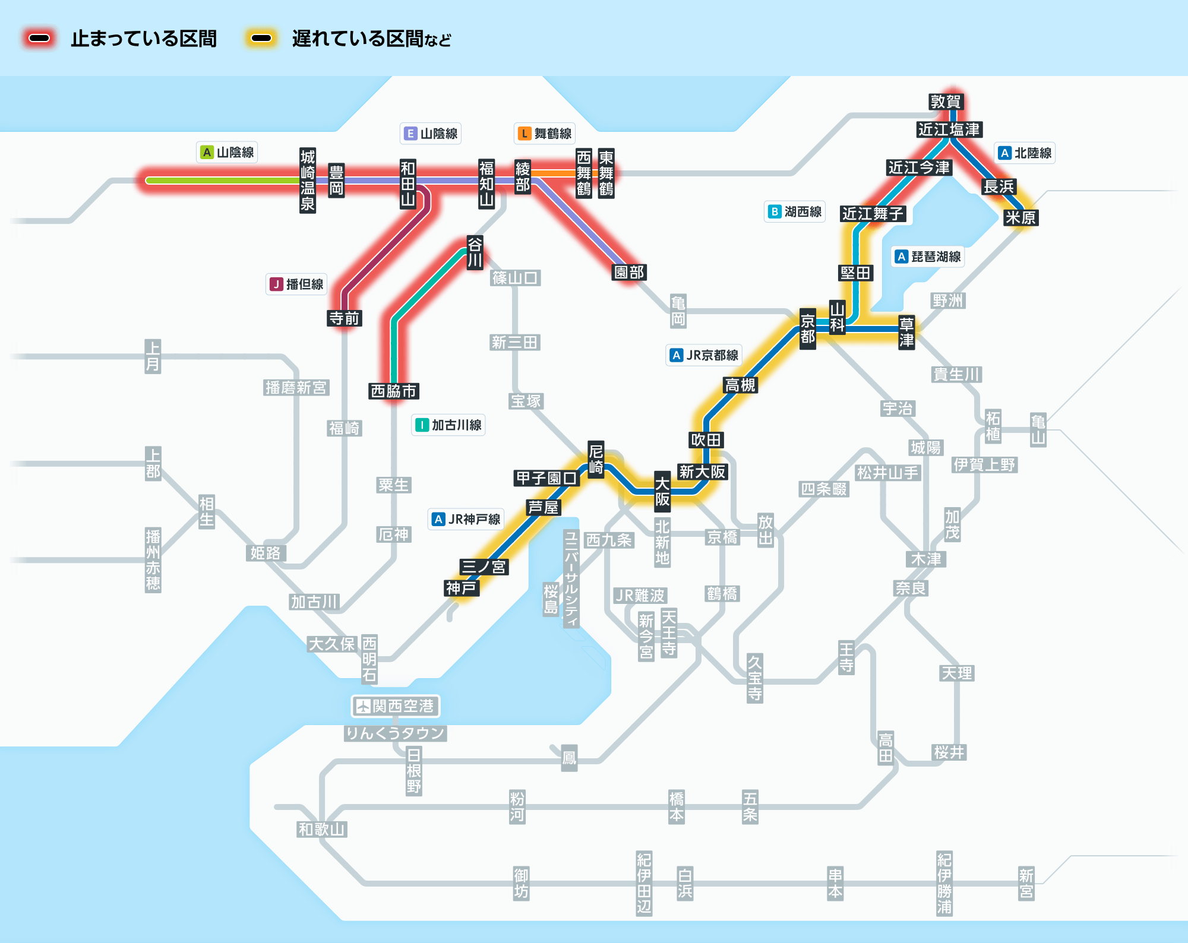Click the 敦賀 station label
point(945,102)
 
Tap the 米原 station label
point(1020,218)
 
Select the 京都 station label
point(807,329)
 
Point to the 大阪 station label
point(662,492)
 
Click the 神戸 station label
point(461,588)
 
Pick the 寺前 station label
point(345,318)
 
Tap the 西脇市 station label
point(393,391)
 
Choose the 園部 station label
point(629,272)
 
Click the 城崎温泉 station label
point(308,181)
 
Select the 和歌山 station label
point(321,829)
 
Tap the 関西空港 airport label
point(395,706)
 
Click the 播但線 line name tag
point(296,284)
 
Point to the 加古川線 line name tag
point(448,425)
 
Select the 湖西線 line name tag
point(795,211)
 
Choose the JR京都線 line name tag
point(704,355)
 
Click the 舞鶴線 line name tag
point(545,134)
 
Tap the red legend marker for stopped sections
point(39,39)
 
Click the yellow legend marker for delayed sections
point(261,39)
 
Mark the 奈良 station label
point(911,588)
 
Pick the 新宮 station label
point(1026,883)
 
